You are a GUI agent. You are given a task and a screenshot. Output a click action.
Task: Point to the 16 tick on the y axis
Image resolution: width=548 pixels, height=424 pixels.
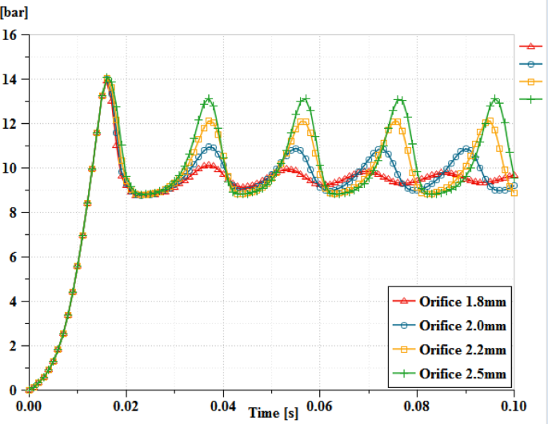click(x=10, y=35)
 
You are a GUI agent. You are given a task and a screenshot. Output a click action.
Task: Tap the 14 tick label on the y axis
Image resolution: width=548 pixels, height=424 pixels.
click(x=10, y=79)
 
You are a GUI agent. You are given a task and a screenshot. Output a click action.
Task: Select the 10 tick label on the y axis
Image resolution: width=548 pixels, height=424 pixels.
click(x=10, y=168)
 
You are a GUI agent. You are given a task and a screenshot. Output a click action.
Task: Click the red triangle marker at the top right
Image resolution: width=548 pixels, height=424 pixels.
click(x=527, y=46)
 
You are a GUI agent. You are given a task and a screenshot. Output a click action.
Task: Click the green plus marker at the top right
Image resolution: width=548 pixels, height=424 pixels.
click(x=527, y=99)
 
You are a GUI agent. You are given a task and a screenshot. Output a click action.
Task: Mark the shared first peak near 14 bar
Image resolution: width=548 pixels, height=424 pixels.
click(x=107, y=78)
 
